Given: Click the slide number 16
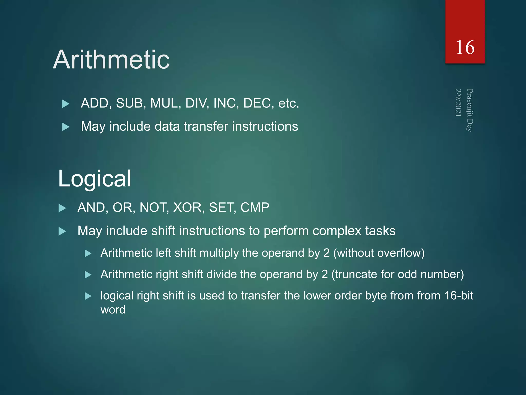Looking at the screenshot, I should [x=465, y=48].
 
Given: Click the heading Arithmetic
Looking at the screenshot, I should [x=111, y=60].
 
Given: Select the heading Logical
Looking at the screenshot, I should [x=95, y=178].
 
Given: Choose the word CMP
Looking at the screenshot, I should [x=255, y=207].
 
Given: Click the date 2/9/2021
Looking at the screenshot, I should [x=458, y=103].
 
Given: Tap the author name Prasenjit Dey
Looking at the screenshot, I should [x=470, y=110].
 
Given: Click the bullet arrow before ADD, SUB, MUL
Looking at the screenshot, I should [x=66, y=104].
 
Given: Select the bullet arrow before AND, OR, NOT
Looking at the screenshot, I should [x=62, y=208].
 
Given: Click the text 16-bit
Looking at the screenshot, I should [x=459, y=295].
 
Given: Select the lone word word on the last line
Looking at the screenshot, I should [x=113, y=310].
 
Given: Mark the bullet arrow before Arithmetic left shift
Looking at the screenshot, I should [x=88, y=254].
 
